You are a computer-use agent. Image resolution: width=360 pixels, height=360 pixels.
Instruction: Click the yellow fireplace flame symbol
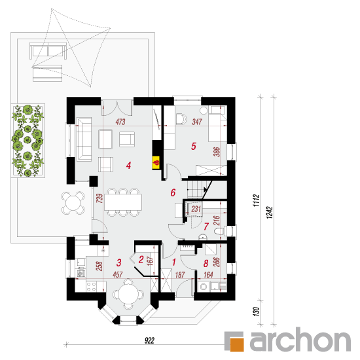pos(156,163)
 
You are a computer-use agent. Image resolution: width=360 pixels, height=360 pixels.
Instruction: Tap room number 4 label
pos(128,166)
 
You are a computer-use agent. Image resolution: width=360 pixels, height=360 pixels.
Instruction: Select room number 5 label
pos(194,146)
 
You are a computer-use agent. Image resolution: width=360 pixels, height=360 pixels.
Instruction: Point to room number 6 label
pos(173,192)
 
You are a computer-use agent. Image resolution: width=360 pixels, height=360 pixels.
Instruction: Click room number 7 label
pos(206,226)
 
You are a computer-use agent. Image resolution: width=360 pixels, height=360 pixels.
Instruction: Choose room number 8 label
pos(206,263)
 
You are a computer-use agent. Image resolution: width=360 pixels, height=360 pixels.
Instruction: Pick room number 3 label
pos(118,262)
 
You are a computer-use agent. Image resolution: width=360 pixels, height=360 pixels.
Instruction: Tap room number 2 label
pos(141,260)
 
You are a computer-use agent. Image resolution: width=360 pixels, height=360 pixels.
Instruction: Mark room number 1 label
pos(174,262)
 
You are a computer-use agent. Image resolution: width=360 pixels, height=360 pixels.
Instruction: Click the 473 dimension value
pos(120,122)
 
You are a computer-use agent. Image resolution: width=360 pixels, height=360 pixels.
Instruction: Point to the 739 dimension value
pos(99,198)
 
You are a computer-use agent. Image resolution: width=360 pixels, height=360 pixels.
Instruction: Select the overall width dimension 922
pos(149,340)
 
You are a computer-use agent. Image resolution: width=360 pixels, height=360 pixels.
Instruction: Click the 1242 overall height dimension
pos(269,213)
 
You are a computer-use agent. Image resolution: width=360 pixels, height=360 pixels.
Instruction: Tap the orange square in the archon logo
pos(236,344)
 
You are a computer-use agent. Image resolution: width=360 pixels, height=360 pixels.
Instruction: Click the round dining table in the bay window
pos(128,294)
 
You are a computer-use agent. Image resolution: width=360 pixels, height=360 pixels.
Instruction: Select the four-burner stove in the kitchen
pos(92,287)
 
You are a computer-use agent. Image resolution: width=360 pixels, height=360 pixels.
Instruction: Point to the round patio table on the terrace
pos(73,203)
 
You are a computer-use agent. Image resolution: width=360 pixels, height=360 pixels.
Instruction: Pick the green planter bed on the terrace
pos(27,141)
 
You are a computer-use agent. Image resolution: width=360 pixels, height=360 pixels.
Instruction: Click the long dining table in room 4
pos(123,202)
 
